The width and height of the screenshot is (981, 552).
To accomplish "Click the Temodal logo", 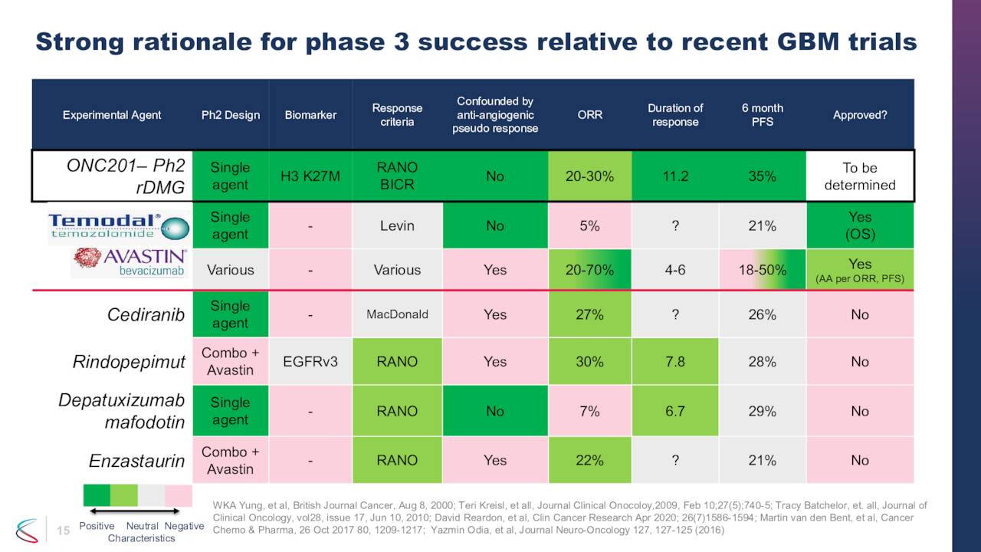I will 119,226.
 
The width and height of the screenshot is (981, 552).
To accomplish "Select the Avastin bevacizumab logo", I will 130,263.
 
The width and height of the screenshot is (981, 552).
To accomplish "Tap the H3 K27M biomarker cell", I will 311,176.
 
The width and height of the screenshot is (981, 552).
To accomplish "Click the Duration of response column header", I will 675,115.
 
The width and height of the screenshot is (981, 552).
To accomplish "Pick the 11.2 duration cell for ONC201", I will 675,176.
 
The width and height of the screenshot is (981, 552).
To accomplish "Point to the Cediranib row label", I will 146,314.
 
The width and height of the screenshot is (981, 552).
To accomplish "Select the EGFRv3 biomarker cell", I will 311,362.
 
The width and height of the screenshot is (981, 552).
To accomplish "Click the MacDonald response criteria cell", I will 397,314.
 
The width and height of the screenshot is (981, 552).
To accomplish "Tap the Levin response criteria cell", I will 397,225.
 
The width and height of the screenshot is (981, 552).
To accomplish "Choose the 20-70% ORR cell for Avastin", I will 589,270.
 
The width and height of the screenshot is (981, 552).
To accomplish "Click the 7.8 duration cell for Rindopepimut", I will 675,362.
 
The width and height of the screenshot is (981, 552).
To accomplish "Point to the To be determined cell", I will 860,176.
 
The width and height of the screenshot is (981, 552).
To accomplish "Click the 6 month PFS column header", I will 763,115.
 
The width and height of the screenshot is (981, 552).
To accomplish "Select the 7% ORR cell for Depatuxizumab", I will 589,411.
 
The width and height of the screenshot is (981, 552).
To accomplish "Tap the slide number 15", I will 64,530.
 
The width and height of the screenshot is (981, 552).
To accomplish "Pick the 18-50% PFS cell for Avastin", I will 763,270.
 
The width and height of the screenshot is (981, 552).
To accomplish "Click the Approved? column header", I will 860,115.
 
